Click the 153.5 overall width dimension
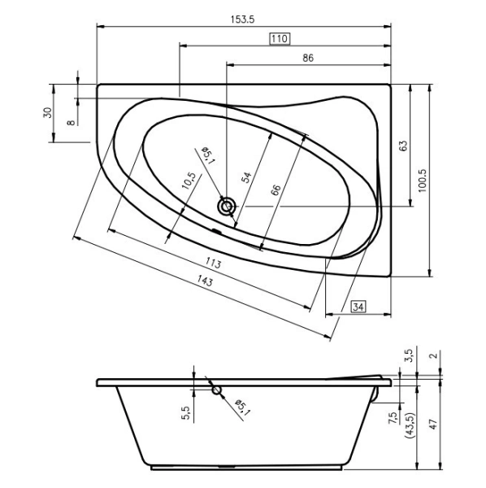[x=242, y=20]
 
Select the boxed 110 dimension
[x=280, y=39]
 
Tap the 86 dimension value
[x=308, y=58]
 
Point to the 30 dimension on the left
[x=47, y=113]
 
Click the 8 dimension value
[x=72, y=123]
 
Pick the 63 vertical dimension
[x=403, y=146]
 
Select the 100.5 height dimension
[x=423, y=181]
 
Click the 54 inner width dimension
[x=246, y=177]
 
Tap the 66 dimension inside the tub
[x=276, y=190]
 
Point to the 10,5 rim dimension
[x=189, y=181]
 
